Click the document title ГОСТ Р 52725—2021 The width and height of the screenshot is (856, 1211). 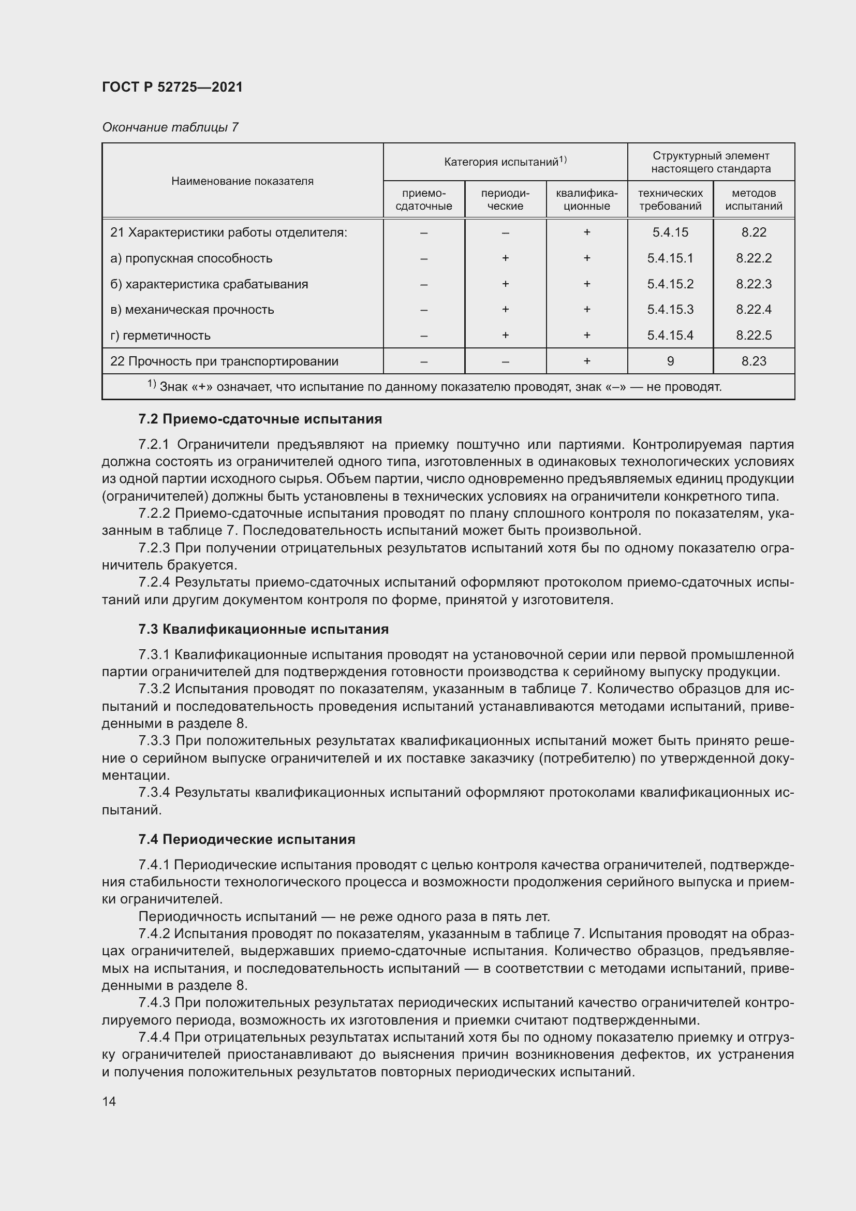172,87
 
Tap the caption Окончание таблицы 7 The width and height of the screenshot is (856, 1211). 170,127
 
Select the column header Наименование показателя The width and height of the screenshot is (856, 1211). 242,181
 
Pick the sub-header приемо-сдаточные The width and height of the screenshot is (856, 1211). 423,199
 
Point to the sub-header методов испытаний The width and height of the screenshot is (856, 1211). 753,199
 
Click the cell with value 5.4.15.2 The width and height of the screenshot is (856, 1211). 670,284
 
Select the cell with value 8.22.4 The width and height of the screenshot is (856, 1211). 753,310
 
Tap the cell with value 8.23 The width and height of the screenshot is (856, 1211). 753,361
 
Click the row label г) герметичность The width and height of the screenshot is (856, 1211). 160,335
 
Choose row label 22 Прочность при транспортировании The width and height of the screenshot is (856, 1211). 224,361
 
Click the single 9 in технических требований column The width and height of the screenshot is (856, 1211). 670,361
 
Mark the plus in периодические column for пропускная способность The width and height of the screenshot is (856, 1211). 505,258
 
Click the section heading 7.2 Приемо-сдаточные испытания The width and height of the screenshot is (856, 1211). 260,419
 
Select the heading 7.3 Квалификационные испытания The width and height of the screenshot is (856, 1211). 263,629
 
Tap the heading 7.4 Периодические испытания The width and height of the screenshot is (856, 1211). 247,839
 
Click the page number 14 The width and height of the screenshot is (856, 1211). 109,1101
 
